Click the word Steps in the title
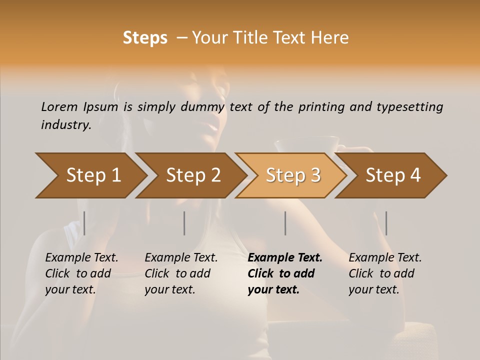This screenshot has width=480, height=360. pyautogui.click(x=145, y=38)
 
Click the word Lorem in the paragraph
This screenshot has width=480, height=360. pyautogui.click(x=59, y=106)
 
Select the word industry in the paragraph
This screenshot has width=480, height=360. pyautogui.click(x=65, y=125)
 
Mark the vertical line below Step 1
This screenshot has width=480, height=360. pyautogui.click(x=84, y=223)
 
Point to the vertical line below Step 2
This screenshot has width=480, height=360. pyautogui.click(x=184, y=223)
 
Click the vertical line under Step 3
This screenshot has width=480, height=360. pyautogui.click(x=285, y=223)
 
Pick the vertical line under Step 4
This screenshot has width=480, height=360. pyautogui.click(x=386, y=223)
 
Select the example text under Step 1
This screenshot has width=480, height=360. pyautogui.click(x=81, y=273)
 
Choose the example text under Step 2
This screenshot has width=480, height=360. pyautogui.click(x=181, y=273)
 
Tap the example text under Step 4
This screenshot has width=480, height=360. pyautogui.click(x=385, y=273)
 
